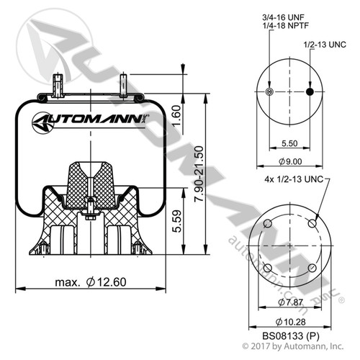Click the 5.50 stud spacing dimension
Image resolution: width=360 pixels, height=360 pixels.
pyautogui.click(x=289, y=144)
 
